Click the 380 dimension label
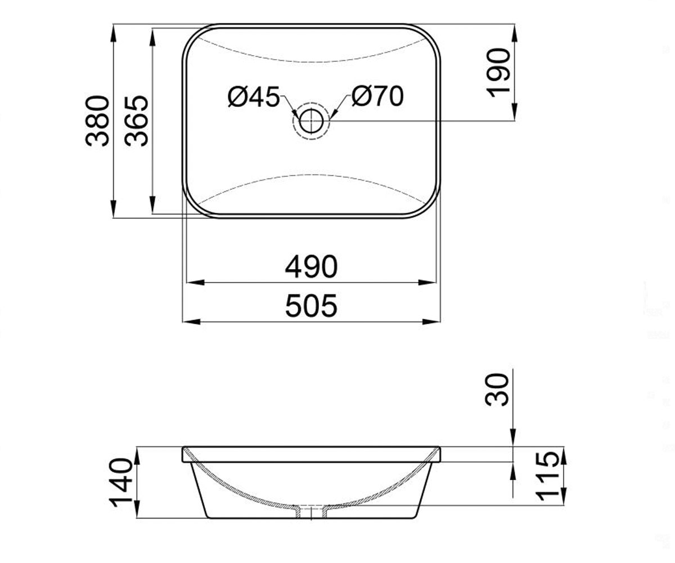[97, 120]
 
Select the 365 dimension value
[136, 120]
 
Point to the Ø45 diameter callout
[254, 96]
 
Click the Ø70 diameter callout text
[377, 96]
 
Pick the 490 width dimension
[311, 267]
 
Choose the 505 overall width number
[311, 306]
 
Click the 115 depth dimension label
[547, 477]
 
